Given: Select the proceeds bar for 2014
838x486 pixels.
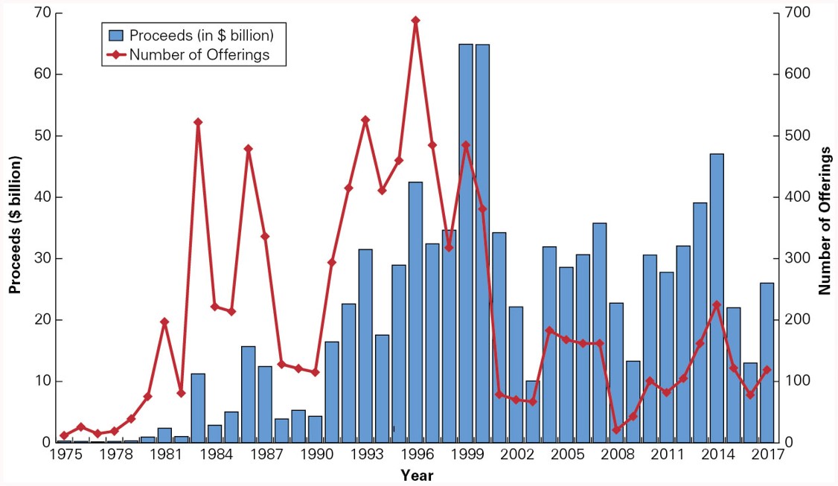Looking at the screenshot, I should coord(717,298).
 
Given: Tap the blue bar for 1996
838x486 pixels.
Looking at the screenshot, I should coord(415,312).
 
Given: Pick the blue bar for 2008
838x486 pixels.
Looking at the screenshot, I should coord(616,372).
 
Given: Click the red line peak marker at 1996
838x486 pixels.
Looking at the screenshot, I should coord(415,20).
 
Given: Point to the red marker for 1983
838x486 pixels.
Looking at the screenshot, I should coord(198,122).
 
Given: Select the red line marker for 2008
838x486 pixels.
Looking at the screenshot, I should coord(616,429).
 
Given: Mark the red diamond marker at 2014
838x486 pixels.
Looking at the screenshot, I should coord(717,305).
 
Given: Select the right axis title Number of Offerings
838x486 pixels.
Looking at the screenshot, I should coord(824,221).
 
